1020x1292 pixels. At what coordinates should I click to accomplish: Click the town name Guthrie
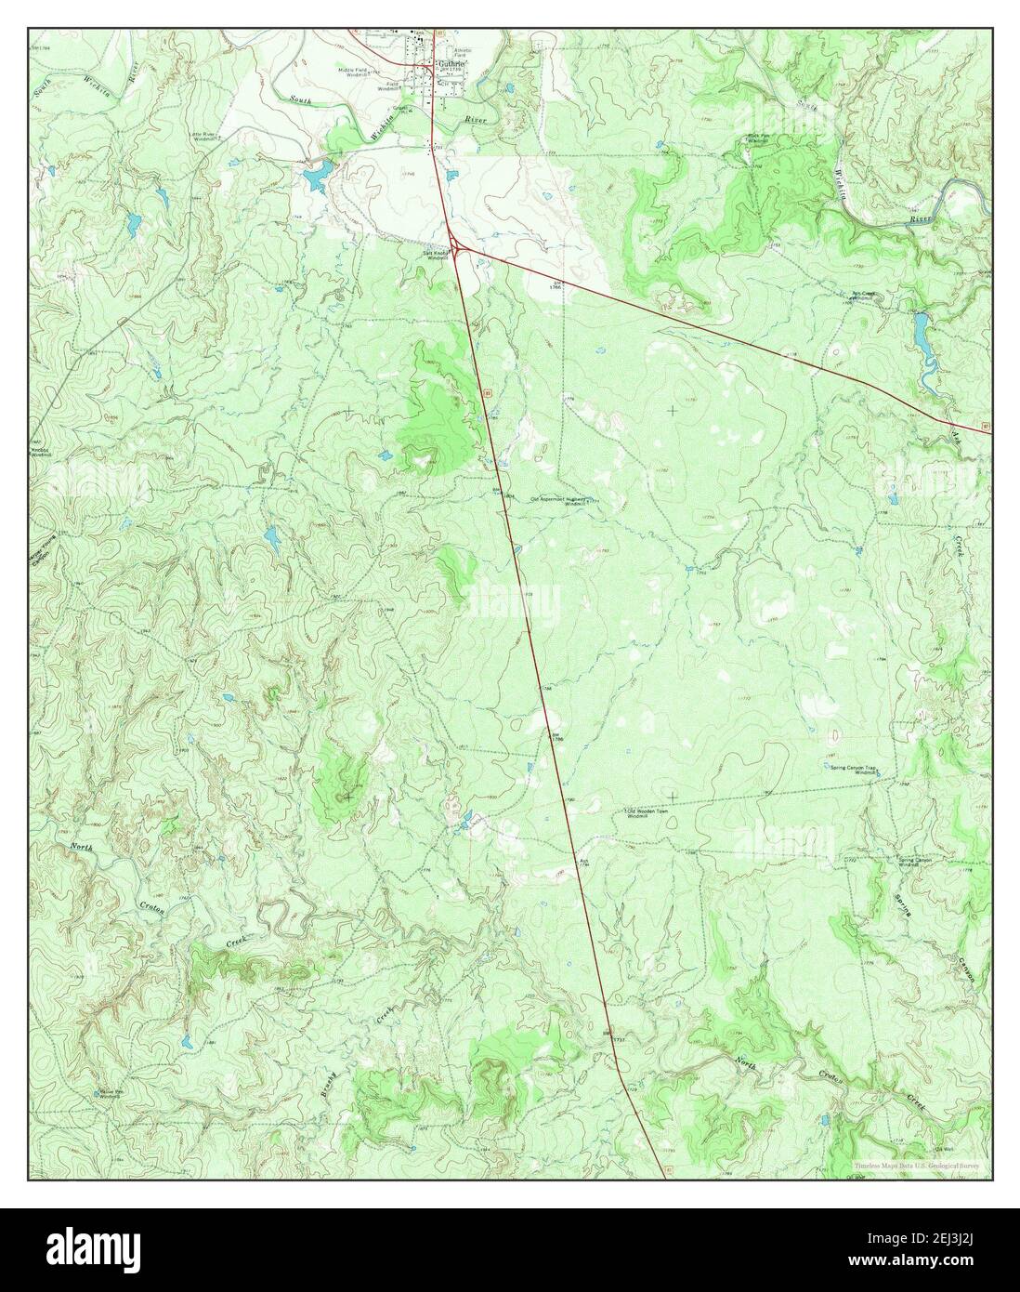coord(450,64)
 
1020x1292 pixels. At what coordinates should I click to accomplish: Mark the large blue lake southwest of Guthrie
coord(317,174)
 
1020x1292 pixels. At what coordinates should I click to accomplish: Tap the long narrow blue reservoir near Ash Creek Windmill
coord(921,328)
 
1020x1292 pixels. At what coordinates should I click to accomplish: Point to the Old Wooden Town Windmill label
coord(660,813)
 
